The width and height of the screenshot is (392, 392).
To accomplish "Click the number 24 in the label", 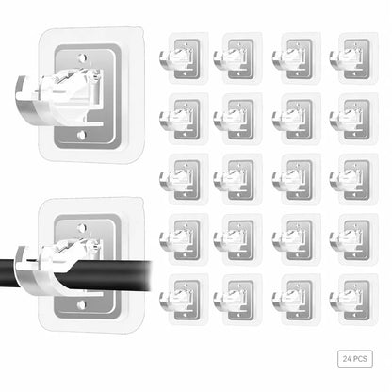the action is pyautogui.click(x=347, y=359).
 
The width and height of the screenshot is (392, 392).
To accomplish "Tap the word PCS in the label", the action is pyautogui.click(x=360, y=359).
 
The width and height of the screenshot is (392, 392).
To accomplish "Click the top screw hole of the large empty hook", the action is pyautogui.click(x=82, y=58).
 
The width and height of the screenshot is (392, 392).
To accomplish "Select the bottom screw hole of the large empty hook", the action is pyautogui.click(x=82, y=136).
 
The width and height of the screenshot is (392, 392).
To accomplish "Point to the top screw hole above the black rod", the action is pyautogui.click(x=82, y=227).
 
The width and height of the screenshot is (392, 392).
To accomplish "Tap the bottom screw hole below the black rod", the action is pyautogui.click(x=82, y=305).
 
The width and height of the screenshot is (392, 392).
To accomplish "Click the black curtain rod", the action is pyautogui.click(x=75, y=274).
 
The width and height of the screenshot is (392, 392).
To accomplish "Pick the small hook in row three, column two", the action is pyautogui.click(x=238, y=179).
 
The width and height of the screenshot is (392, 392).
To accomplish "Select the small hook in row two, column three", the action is pyautogui.click(x=297, y=119).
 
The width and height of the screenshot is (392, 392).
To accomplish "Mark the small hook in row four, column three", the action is pyautogui.click(x=297, y=239).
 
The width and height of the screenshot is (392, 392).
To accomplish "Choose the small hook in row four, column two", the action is pyautogui.click(x=238, y=239).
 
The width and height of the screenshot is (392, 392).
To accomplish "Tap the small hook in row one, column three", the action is pyautogui.click(x=297, y=58).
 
